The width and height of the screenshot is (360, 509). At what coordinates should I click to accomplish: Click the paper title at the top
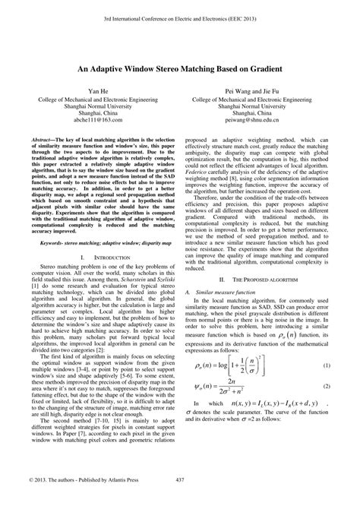point(180,68)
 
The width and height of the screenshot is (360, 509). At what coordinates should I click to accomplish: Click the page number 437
point(180,500)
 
